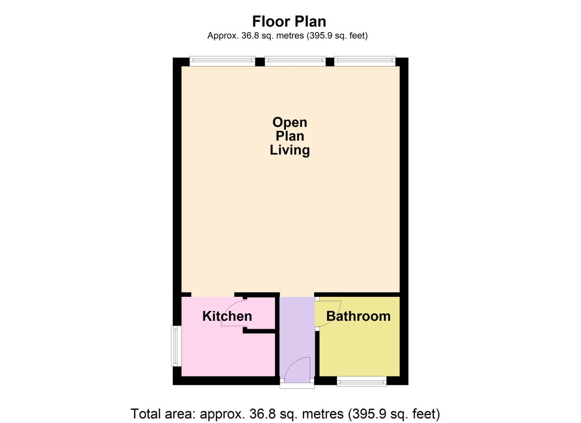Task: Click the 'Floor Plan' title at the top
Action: click(x=289, y=21)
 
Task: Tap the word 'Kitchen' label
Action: click(x=227, y=316)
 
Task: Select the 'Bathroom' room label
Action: click(x=358, y=316)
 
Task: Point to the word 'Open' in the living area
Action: click(x=290, y=122)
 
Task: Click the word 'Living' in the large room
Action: click(x=290, y=150)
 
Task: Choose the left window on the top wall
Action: click(x=222, y=60)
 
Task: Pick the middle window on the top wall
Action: click(x=295, y=60)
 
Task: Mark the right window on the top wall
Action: click(x=365, y=60)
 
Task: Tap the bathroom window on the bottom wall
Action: click(x=362, y=381)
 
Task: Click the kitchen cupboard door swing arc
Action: click(x=234, y=313)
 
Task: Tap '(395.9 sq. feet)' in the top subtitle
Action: click(x=338, y=36)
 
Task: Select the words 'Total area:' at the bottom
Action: click(x=163, y=414)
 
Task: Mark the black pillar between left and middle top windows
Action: click(x=260, y=61)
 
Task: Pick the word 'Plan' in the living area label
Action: click(x=290, y=136)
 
